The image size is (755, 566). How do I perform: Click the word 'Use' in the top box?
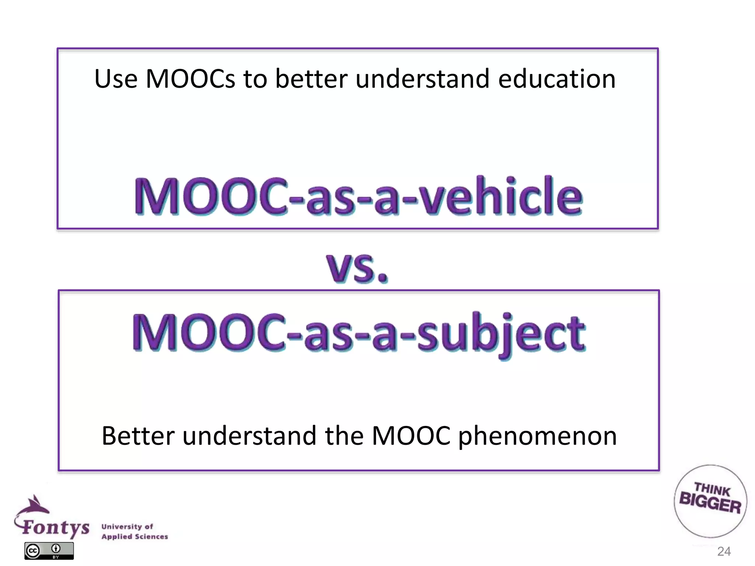point(116,79)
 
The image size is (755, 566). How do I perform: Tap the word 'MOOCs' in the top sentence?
point(190,79)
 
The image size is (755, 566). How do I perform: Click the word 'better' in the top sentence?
point(311,79)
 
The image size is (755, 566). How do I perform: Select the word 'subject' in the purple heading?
point(501,333)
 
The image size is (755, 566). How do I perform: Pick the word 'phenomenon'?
point(537,436)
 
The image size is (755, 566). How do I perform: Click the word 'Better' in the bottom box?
point(138,436)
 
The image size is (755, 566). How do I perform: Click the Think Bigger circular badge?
point(710,501)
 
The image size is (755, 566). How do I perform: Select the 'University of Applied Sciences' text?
point(135,531)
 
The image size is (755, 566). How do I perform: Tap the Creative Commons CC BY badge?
point(49,551)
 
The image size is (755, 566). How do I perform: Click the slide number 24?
point(724,551)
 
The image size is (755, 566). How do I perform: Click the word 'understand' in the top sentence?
point(422,79)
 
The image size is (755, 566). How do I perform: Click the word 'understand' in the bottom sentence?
point(249,436)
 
